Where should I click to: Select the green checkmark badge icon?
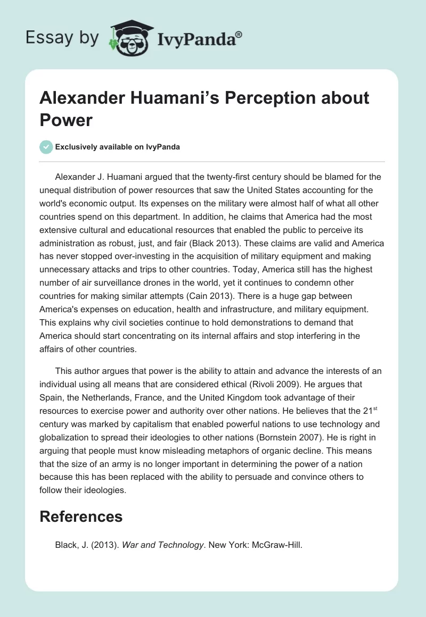pos(46,147)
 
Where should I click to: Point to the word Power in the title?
pos(67,120)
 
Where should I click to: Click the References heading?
pos(81,516)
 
